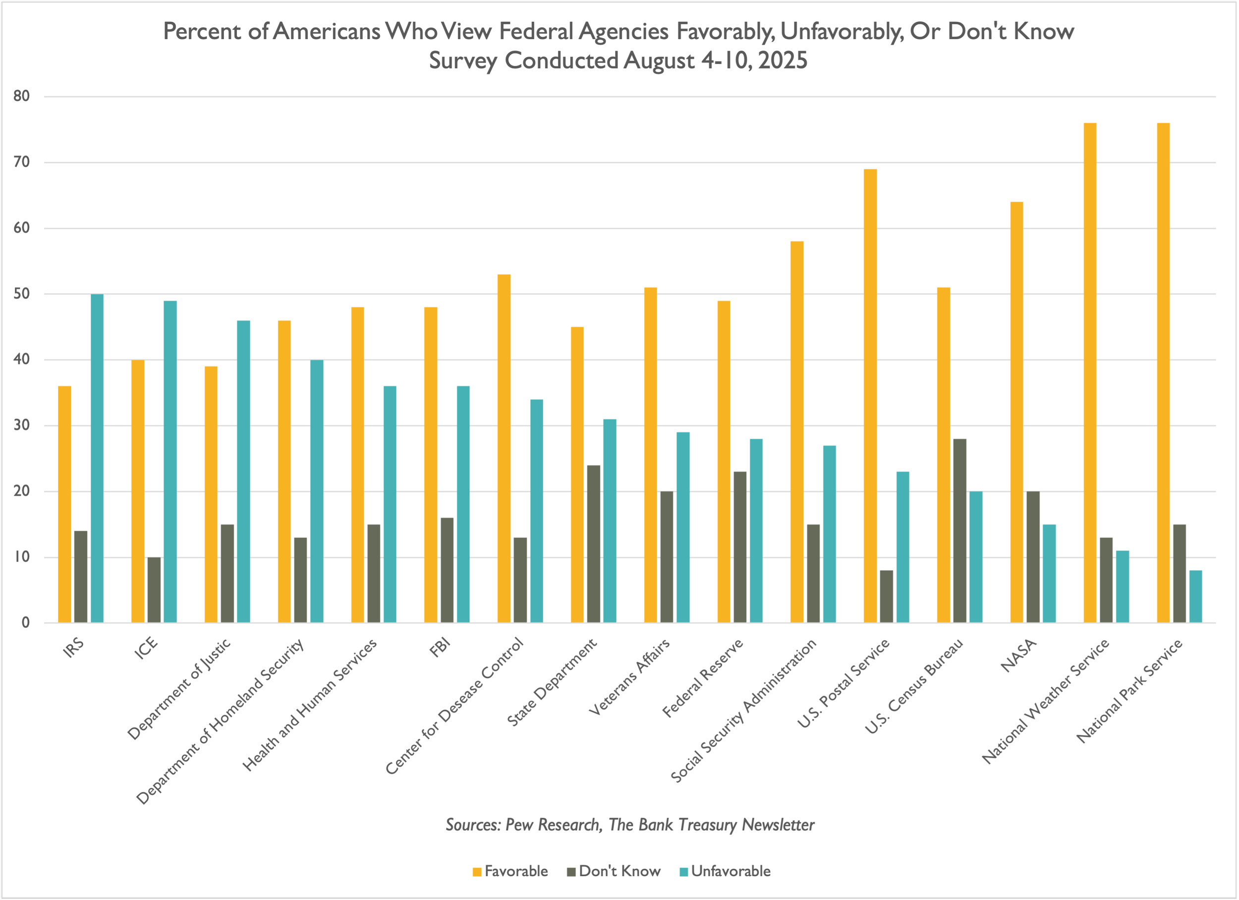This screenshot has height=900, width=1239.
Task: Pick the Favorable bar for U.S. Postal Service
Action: (870, 396)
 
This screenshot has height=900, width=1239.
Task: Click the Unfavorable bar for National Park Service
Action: (1195, 596)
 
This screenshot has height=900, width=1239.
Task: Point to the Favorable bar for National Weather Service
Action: (1090, 373)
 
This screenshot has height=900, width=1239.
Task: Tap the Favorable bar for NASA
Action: (1016, 412)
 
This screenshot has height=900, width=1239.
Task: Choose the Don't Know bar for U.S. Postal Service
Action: (887, 596)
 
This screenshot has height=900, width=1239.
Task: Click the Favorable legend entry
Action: (510, 871)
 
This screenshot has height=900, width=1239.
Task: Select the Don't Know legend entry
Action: (614, 871)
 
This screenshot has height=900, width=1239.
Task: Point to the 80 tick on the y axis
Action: (22, 96)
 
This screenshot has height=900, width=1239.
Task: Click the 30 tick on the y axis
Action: (22, 425)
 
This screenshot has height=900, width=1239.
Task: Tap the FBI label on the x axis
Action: (440, 648)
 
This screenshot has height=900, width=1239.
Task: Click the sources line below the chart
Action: (630, 825)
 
